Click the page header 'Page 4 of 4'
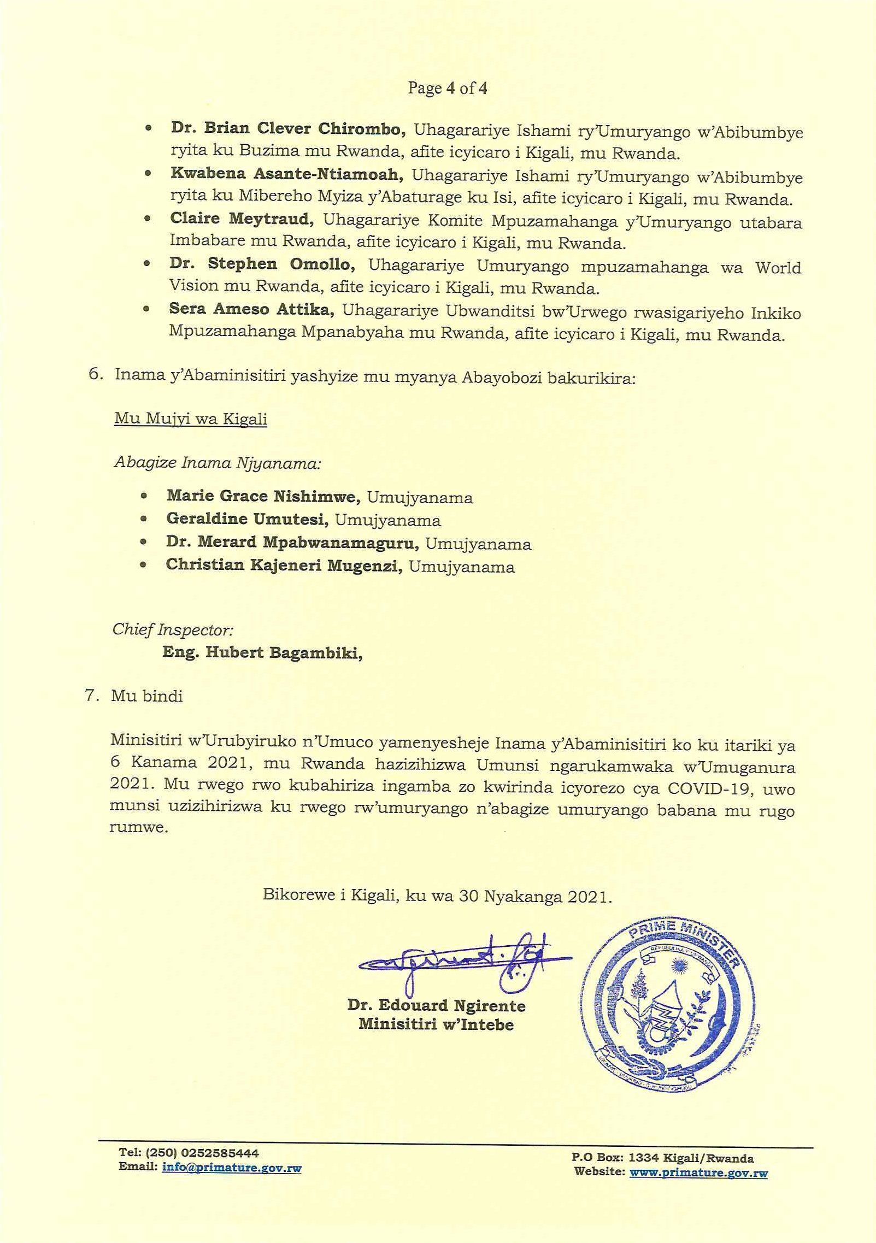[447, 89]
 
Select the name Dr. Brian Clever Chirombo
[288, 130]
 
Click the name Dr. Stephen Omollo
[262, 264]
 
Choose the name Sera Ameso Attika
[251, 309]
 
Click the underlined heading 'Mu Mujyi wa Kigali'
[190, 419]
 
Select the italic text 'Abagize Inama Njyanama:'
[216, 463]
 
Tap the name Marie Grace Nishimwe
[263, 496]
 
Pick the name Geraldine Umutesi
[247, 520]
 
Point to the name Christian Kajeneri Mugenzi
[284, 566]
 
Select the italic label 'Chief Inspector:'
[173, 629]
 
